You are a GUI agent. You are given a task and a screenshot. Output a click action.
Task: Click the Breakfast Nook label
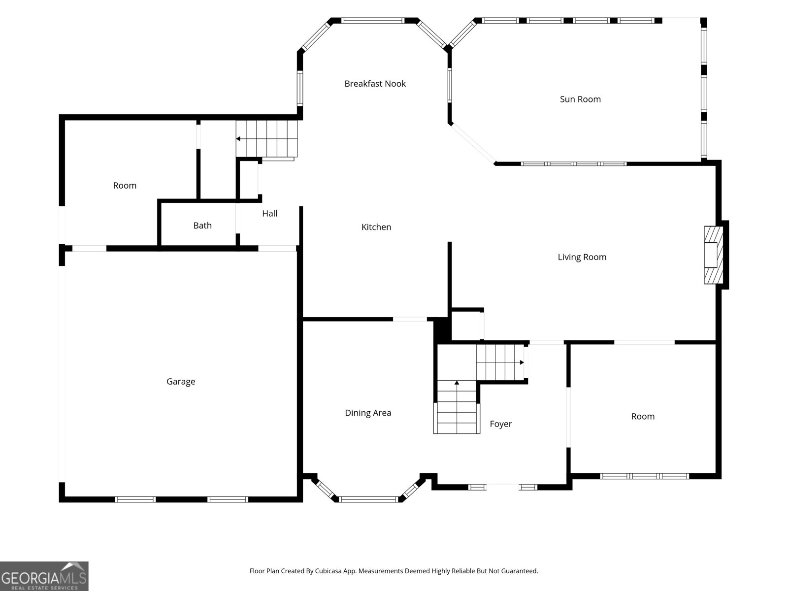pos(375,84)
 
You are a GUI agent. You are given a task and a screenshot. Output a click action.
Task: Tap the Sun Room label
pos(580,99)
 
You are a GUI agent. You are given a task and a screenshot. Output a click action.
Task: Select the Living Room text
pos(582,257)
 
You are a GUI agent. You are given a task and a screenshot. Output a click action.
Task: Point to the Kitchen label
pos(376,227)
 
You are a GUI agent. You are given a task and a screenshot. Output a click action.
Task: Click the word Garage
pos(181,381)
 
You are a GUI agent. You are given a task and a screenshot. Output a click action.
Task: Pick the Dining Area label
pos(368,413)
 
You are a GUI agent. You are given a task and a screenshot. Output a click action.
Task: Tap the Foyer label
pos(501,424)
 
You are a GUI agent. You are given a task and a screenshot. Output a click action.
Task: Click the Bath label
pos(202,226)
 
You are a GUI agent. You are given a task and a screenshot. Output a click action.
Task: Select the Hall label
pos(269,214)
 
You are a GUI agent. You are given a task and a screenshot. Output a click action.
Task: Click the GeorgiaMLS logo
pos(44,576)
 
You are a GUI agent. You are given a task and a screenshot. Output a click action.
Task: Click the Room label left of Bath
pos(125,186)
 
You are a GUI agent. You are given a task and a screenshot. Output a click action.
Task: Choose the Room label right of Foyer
pos(643,417)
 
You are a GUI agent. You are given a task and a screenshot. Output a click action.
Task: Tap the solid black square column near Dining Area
pos(442,329)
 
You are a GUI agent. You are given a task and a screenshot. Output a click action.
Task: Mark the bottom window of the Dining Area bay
pos(368,499)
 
